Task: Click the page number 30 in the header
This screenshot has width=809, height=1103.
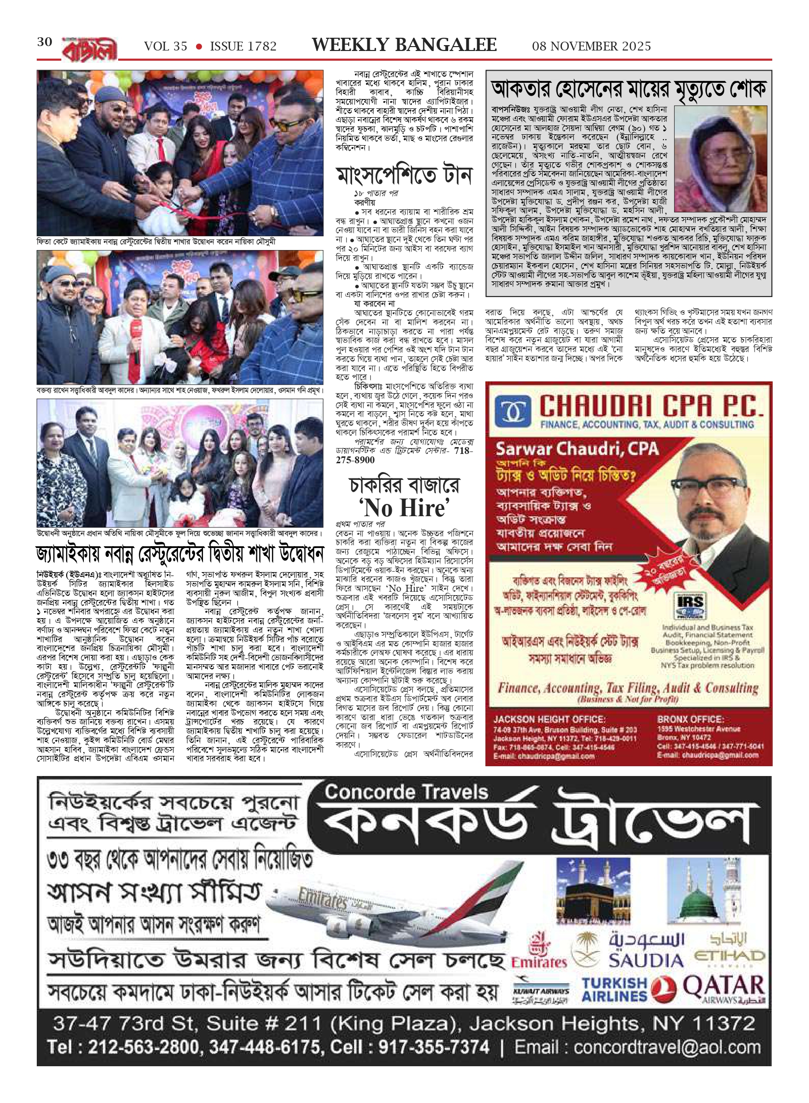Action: (45, 43)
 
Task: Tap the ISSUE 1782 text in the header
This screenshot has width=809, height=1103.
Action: (243, 47)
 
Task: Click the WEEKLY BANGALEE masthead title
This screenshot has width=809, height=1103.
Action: (404, 45)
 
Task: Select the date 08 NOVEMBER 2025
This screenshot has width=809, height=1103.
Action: (591, 47)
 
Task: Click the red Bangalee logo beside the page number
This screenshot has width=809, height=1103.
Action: (89, 49)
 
